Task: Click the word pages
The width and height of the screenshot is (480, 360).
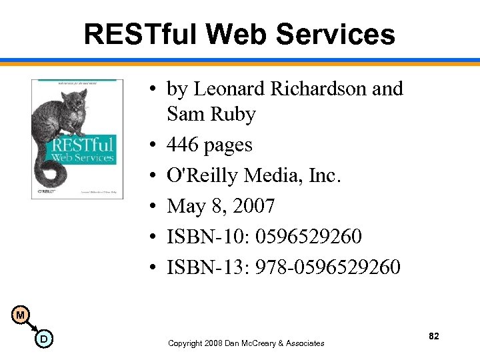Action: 231,145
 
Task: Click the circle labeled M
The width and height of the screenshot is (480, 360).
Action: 21,314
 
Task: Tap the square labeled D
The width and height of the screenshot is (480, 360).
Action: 43,339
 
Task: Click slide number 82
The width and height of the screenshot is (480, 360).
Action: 434,337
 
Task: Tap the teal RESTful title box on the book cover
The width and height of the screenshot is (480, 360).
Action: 84,149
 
